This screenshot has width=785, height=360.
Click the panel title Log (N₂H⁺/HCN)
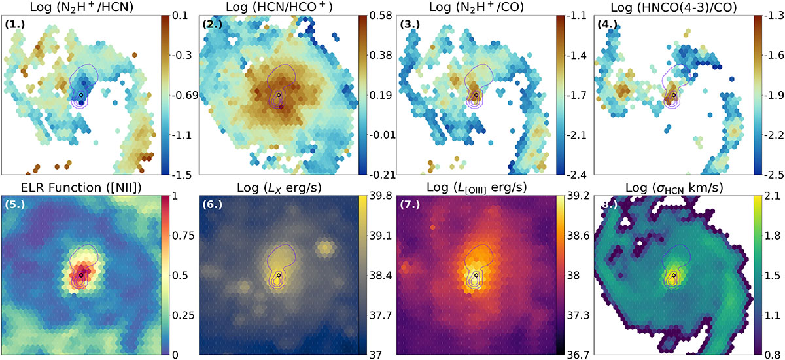pos(81,7)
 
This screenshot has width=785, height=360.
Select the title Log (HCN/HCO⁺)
pos(279,7)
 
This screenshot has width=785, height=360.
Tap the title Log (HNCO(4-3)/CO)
pos(674,7)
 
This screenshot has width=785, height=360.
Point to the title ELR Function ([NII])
pos(81,188)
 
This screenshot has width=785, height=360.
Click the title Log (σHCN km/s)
pos(674,188)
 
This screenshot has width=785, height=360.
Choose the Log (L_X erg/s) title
pos(279,188)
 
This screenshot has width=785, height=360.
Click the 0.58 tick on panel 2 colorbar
pos(381,16)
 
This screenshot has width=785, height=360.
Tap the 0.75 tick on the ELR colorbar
pos(183,236)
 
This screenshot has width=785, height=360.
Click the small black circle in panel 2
pos(279,95)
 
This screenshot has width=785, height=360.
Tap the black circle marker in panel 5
pos(81,275)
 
